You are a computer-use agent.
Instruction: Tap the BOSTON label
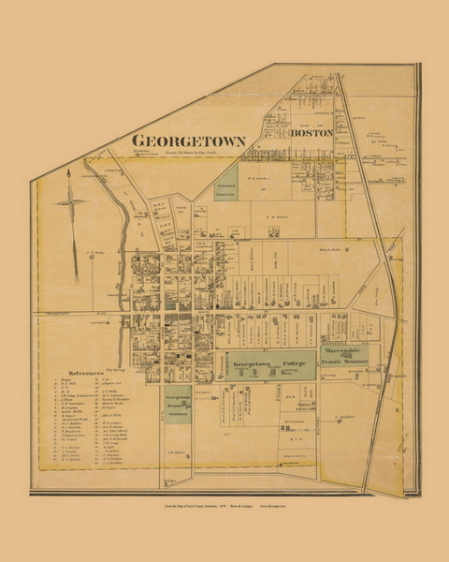coord(312,135)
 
